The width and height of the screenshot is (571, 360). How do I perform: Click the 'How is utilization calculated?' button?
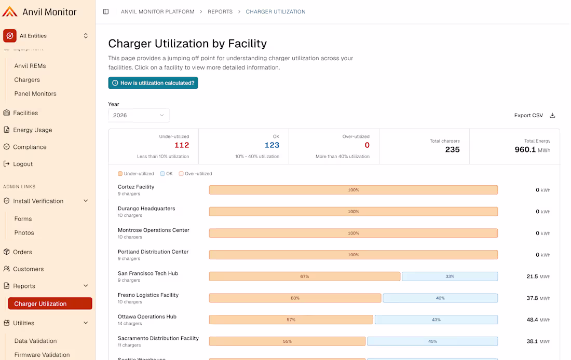(153, 83)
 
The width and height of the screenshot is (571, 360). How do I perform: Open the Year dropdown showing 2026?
(139, 115)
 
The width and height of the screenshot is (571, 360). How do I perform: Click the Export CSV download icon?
(552, 115)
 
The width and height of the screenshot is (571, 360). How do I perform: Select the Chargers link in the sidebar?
(27, 80)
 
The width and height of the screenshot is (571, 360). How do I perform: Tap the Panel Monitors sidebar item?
(35, 93)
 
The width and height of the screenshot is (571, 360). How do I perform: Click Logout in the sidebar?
(23, 164)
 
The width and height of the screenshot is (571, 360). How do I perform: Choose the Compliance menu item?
(30, 147)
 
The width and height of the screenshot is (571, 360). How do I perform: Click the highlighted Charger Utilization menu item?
(50, 303)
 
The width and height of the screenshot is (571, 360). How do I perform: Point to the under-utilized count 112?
(182, 145)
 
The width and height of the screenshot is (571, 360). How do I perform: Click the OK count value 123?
(272, 145)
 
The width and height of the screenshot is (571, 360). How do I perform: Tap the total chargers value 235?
(452, 149)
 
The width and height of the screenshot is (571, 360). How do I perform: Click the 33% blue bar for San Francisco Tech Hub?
(450, 276)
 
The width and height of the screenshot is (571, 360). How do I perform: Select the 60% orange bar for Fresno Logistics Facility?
(295, 298)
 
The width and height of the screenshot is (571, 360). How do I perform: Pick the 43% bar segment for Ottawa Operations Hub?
(436, 320)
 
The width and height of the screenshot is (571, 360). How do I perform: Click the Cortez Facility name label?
(136, 187)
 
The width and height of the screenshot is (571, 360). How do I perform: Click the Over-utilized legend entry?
(196, 174)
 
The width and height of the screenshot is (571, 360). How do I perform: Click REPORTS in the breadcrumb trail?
(220, 11)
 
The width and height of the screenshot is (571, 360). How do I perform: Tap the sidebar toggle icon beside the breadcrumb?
(106, 11)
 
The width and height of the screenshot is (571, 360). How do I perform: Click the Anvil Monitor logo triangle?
(9, 11)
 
